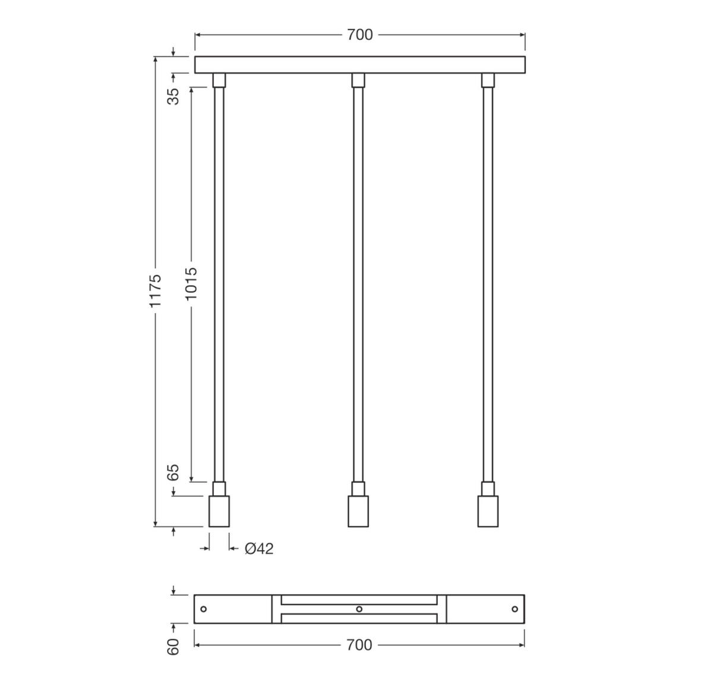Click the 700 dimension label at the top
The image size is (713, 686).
click(x=360, y=35)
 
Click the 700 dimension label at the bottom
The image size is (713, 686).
click(x=359, y=644)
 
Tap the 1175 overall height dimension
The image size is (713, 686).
click(x=155, y=290)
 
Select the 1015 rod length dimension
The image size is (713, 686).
click(x=191, y=283)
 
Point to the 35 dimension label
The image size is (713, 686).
click(x=173, y=96)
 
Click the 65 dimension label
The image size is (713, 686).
click(x=173, y=472)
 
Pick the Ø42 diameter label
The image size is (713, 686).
click(x=259, y=548)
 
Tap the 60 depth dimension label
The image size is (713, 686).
click(x=173, y=647)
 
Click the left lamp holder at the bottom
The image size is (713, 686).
click(x=219, y=511)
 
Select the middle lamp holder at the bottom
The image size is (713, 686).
click(x=358, y=511)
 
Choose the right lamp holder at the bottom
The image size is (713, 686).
click(x=488, y=511)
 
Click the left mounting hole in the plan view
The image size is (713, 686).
click(x=203, y=609)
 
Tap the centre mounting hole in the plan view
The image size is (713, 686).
click(x=359, y=609)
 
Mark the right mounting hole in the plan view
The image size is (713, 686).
click(x=515, y=609)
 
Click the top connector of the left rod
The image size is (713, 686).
click(x=219, y=80)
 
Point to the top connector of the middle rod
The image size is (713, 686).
click(x=358, y=80)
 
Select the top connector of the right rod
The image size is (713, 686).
click(x=488, y=80)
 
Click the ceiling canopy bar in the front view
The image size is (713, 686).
click(x=360, y=65)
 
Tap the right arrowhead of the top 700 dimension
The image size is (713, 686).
click(x=522, y=35)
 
